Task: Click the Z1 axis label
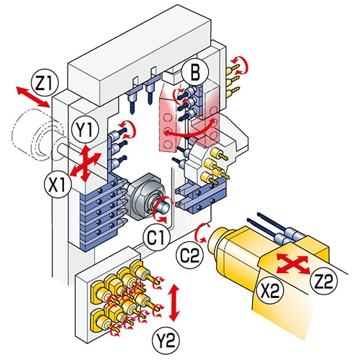(x=45, y=84)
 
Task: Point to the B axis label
(x=195, y=71)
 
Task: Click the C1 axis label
(x=156, y=238)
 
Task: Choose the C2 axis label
(x=190, y=256)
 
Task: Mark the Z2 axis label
(x=324, y=282)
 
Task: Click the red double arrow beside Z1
(x=33, y=97)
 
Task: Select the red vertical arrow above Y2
(x=174, y=302)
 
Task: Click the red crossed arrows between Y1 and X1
(x=84, y=163)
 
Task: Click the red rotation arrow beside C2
(x=201, y=233)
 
